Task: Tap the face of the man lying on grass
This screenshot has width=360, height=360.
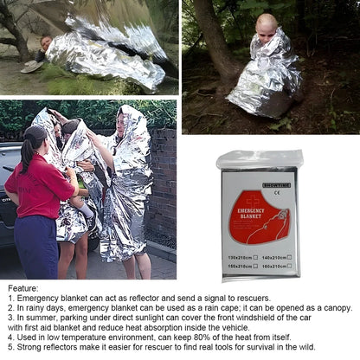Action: pyautogui.click(x=45, y=41)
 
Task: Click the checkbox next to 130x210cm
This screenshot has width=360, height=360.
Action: pyautogui.click(x=258, y=257)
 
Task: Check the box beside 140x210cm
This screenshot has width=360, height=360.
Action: pyautogui.click(x=287, y=257)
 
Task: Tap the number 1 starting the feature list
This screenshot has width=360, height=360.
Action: pyautogui.click(x=10, y=298)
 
